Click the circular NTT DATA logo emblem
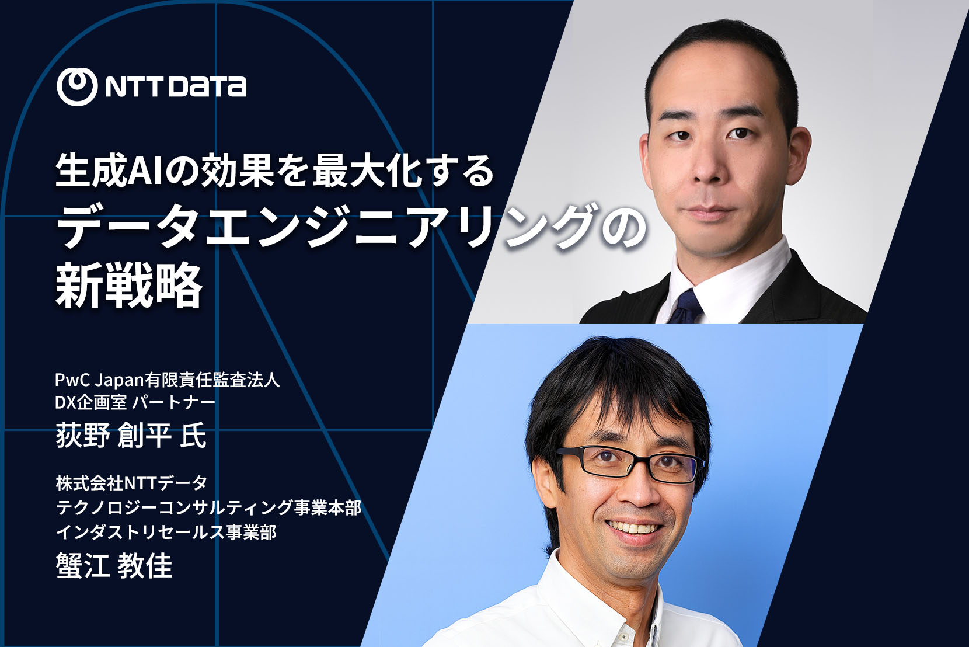tap(76, 86)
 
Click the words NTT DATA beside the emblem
tap(176, 86)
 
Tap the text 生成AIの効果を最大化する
tap(275, 171)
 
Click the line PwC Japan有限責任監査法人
tap(168, 380)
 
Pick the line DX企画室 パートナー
tap(135, 402)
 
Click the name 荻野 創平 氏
tap(131, 436)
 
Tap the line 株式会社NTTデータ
tap(131, 483)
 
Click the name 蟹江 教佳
tap(114, 565)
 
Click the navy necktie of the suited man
tap(686, 307)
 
